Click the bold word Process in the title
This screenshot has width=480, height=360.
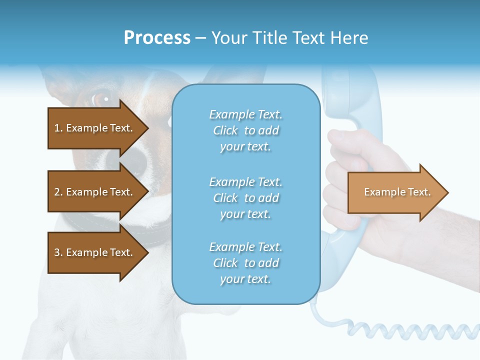click(157, 37)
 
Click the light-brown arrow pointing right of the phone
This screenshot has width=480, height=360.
click(397, 192)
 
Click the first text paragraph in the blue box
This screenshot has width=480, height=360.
click(245, 130)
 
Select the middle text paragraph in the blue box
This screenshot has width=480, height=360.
click(245, 197)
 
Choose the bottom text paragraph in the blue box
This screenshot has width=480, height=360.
click(245, 263)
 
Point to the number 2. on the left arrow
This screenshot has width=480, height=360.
click(58, 192)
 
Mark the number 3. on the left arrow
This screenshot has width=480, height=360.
click(58, 252)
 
